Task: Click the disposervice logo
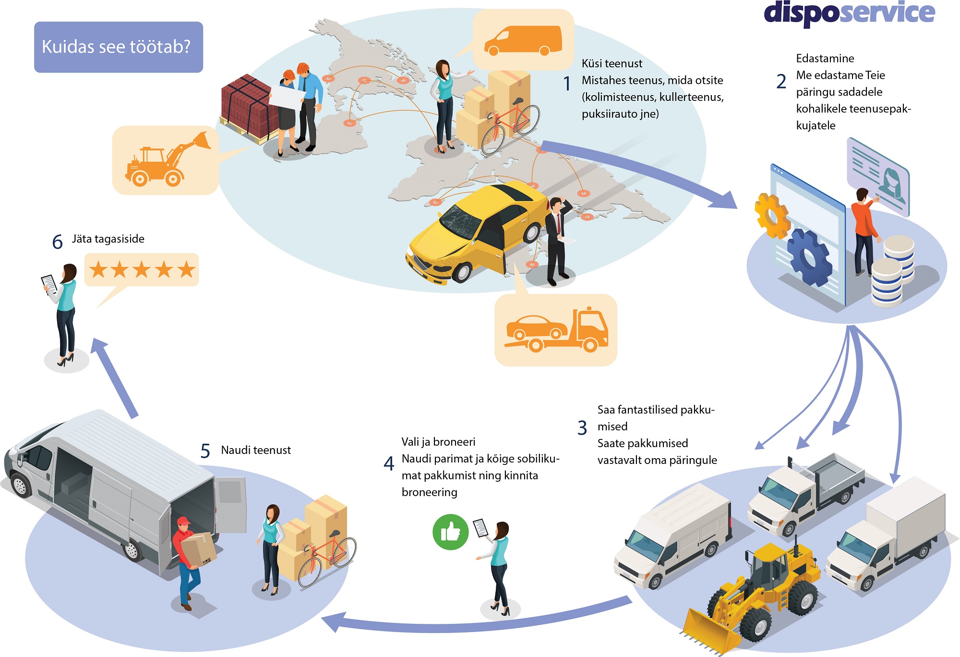pyautogui.click(x=849, y=13)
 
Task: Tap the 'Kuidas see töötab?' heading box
pyautogui.click(x=118, y=47)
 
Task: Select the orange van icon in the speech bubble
pyautogui.click(x=523, y=40)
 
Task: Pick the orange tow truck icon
pyautogui.click(x=556, y=330)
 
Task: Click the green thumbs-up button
pyautogui.click(x=450, y=532)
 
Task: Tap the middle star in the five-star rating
pyautogui.click(x=142, y=270)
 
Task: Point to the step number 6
pyautogui.click(x=57, y=242)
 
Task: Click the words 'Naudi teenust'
pyautogui.click(x=255, y=450)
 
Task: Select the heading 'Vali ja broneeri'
pyautogui.click(x=438, y=442)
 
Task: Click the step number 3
pyautogui.click(x=582, y=427)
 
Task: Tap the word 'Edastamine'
pyautogui.click(x=825, y=59)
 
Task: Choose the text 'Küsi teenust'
pyautogui.click(x=612, y=63)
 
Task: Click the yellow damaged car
pyautogui.click(x=475, y=231)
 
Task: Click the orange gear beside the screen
pyautogui.click(x=770, y=215)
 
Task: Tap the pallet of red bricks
pyautogui.click(x=247, y=108)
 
